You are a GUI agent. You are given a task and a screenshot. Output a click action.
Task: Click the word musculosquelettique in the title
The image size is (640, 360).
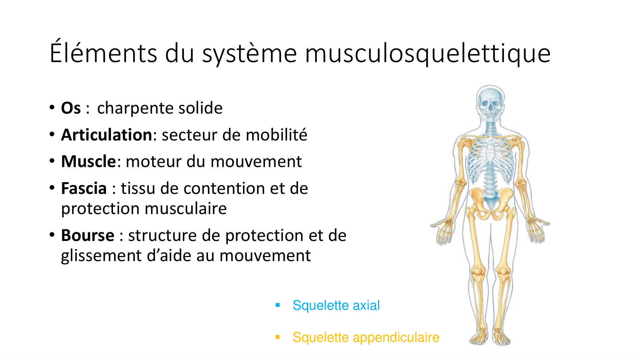click(x=428, y=53)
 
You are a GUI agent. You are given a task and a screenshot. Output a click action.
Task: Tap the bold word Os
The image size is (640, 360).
click(x=71, y=108)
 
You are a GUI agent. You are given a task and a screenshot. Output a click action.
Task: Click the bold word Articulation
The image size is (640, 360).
click(x=107, y=135)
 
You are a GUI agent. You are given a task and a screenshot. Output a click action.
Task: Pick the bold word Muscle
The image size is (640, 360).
click(x=88, y=161)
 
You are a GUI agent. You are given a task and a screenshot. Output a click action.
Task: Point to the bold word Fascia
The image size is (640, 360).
click(x=84, y=188)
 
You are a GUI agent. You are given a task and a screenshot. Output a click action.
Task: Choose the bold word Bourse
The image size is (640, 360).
click(x=88, y=236)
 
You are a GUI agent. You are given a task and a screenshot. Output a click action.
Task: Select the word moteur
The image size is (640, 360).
click(x=154, y=162)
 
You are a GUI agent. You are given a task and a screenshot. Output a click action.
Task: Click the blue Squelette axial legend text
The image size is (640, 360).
click(x=336, y=305)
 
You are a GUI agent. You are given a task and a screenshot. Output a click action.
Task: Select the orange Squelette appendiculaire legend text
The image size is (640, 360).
click(x=366, y=337)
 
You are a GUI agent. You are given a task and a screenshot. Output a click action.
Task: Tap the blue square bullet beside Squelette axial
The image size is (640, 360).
click(x=278, y=305)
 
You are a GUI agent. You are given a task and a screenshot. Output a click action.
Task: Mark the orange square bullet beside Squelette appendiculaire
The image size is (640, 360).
click(x=278, y=337)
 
